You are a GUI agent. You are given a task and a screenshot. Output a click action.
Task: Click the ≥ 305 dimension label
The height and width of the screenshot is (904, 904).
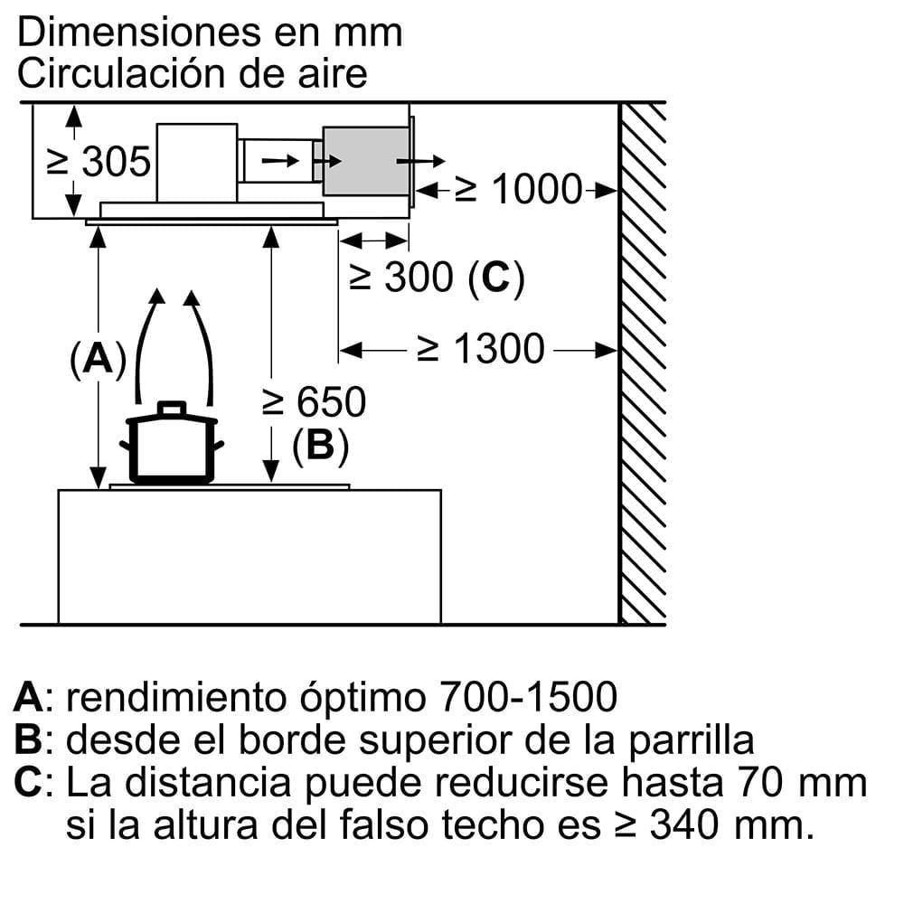click(99, 163)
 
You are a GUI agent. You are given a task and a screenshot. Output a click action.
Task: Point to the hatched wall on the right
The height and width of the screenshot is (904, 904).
click(643, 362)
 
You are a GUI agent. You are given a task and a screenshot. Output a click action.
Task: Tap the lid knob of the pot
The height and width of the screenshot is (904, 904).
click(172, 409)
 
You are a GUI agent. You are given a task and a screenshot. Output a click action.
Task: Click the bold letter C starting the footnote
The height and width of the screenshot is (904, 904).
click(29, 783)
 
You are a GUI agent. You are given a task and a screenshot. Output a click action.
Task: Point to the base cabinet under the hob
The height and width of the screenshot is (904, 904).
click(249, 556)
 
